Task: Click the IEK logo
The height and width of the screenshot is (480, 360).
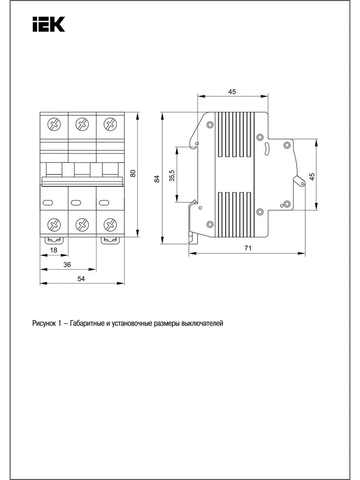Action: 49,24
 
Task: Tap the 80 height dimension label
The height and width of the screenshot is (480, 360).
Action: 133,174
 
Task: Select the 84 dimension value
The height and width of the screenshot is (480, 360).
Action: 157,179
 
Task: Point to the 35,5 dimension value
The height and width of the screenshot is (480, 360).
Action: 172,176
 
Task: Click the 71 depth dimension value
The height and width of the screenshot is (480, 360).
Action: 248,248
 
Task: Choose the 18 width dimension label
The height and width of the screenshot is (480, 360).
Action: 54,250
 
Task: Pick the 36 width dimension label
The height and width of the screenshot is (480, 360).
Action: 67,265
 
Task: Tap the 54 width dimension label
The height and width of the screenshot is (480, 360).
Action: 81,279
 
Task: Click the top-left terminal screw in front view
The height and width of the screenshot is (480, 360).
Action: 54,124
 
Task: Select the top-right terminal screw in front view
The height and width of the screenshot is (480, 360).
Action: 110,124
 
